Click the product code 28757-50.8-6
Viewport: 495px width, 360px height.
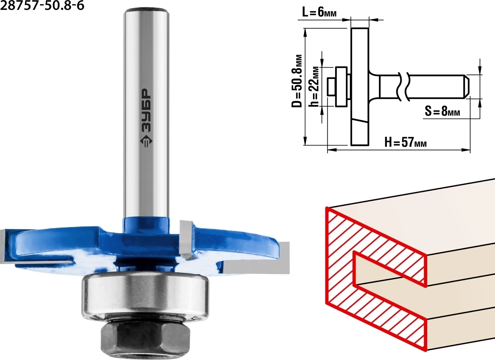click(x=42, y=5)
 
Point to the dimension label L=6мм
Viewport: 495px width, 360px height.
click(x=319, y=13)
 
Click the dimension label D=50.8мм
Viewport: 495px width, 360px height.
click(x=297, y=81)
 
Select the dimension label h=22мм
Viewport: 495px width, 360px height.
click(x=314, y=86)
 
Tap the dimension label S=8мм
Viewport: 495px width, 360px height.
click(x=442, y=111)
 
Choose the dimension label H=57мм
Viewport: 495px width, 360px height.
click(x=405, y=142)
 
